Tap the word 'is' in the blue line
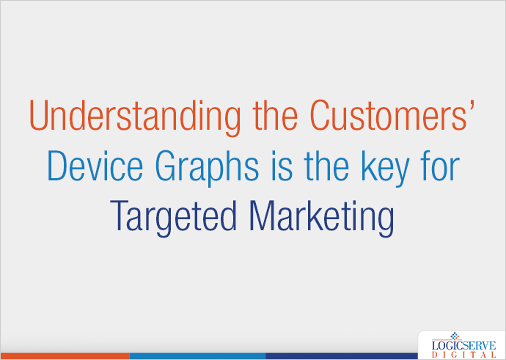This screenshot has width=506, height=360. (278, 167)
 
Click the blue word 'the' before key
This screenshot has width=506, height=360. (323, 167)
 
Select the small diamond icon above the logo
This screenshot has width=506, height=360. (452, 334)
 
